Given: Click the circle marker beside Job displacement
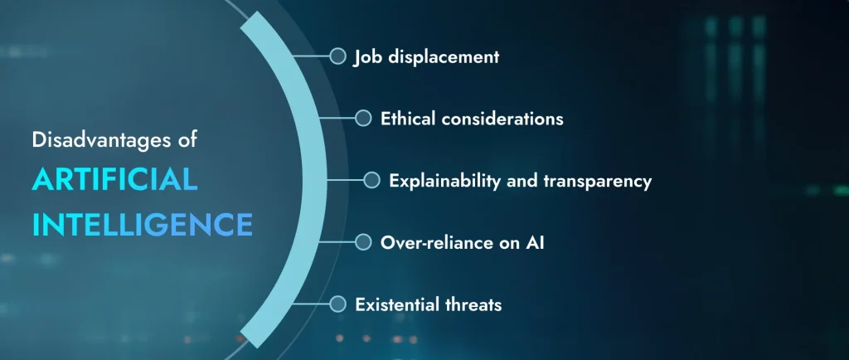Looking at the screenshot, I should coord(337,56).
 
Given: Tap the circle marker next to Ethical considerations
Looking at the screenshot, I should coord(363,118).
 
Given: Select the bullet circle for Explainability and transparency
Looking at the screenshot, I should coord(372,180).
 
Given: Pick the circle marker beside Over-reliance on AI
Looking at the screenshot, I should coord(363,242).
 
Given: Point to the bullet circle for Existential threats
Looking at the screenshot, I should coord(337,304).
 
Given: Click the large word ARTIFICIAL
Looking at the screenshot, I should coord(114,179).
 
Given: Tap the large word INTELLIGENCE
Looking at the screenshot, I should coord(142,224).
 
